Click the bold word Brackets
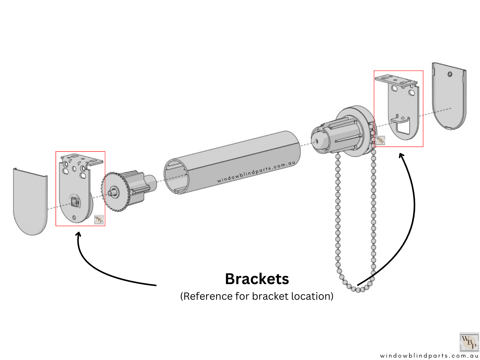[257, 279]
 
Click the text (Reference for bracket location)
[257, 296]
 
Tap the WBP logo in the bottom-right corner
[469, 342]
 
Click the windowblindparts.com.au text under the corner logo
[429, 356]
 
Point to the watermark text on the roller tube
[256, 172]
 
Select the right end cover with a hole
[449, 96]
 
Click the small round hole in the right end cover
[450, 74]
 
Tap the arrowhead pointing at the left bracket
[79, 234]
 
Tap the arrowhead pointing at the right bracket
[401, 155]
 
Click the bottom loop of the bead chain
[358, 289]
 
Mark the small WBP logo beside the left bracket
[99, 219]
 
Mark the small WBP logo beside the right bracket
[380, 140]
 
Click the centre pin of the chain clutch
[315, 141]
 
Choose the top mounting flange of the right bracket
[396, 80]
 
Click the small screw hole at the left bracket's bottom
[74, 217]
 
